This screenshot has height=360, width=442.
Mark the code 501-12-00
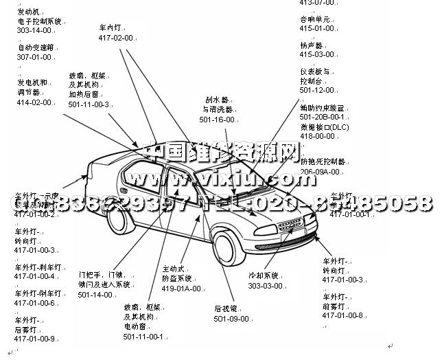pyautogui.click(x=316, y=89)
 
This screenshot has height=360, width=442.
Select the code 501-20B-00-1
pyautogui.click(x=323, y=117)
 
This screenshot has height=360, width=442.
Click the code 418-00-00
pyautogui.click(x=317, y=136)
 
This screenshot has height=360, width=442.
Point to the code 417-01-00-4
pyautogui.click(x=35, y=276)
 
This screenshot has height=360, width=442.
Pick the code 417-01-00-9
pyautogui.click(x=35, y=338)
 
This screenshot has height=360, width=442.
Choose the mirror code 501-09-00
pyautogui.click(x=231, y=319)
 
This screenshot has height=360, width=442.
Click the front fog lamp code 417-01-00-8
pyautogui.click(x=342, y=315)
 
